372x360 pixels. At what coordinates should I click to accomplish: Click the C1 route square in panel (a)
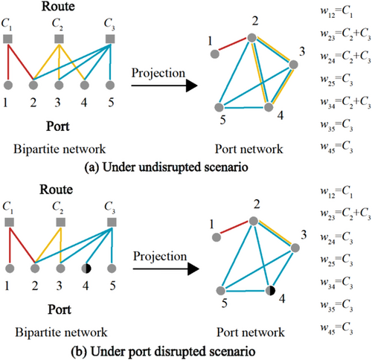(x=7, y=39)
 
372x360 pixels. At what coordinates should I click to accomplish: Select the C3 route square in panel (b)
(x=112, y=222)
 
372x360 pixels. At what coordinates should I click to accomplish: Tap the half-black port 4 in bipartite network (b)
(x=86, y=269)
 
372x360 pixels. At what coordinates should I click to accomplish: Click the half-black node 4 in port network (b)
(x=270, y=290)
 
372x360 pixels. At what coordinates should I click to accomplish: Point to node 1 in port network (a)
(x=215, y=54)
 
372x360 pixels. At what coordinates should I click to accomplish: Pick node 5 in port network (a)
(x=219, y=107)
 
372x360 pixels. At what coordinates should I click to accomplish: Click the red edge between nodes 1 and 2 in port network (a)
(x=233, y=46)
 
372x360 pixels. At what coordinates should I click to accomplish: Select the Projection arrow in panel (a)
(x=164, y=86)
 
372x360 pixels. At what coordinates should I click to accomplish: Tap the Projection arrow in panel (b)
(x=166, y=269)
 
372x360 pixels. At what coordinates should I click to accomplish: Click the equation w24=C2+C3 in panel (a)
(x=345, y=57)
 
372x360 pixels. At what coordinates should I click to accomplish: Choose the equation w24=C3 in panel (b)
(x=336, y=238)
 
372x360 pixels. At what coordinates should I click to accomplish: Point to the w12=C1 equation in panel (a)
(x=336, y=12)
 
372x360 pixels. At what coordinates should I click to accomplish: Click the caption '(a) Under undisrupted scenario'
(x=166, y=167)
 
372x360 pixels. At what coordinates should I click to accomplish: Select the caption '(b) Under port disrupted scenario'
(x=163, y=351)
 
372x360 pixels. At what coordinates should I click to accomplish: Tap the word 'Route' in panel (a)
(x=58, y=6)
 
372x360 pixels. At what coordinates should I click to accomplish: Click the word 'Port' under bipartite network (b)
(x=60, y=309)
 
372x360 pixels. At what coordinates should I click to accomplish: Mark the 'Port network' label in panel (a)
(x=248, y=149)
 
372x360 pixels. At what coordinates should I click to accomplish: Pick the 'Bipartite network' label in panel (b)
(x=61, y=332)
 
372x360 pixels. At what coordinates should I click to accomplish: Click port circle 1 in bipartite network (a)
(x=8, y=85)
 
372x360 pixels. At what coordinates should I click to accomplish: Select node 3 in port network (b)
(x=295, y=248)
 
